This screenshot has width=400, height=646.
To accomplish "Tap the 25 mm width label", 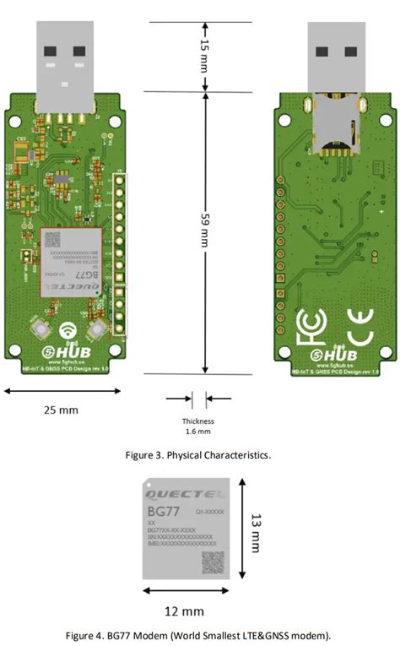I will tap(60, 410).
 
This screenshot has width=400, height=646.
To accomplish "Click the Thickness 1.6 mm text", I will tap(198, 426).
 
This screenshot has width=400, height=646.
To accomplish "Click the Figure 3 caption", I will tap(198, 455).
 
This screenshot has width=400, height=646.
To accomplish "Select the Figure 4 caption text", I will tap(199, 634).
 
